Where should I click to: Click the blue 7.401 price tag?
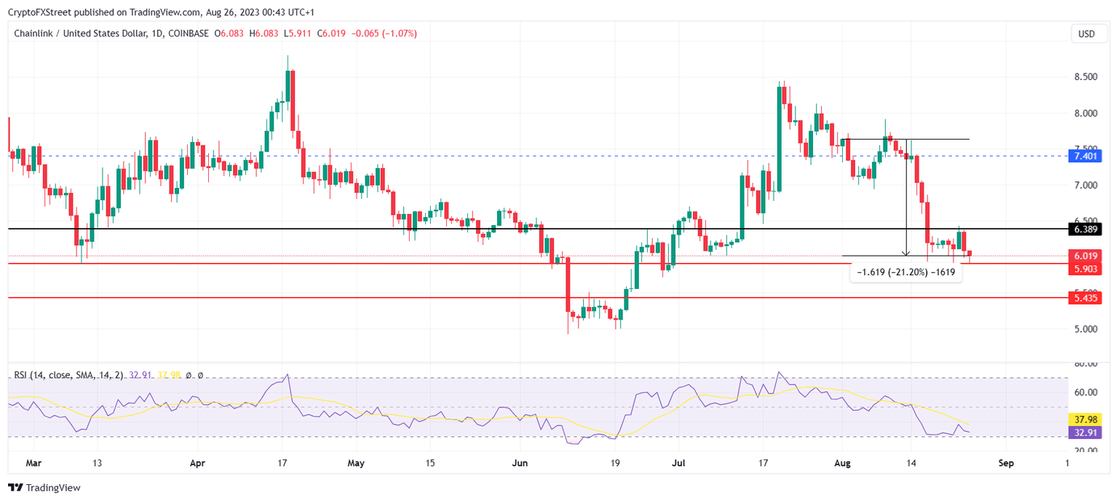1086,156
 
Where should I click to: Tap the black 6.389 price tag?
1086,229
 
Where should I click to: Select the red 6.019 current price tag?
1086,256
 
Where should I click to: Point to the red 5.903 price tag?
1086,269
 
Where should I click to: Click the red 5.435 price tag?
1086,297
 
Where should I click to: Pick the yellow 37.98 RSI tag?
1086,419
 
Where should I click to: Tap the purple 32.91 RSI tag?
1086,432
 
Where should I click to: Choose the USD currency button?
1086,33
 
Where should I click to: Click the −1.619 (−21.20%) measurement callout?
906,272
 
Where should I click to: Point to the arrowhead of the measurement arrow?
905,253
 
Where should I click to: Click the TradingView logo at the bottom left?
44,488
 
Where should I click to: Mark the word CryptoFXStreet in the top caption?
41,11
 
